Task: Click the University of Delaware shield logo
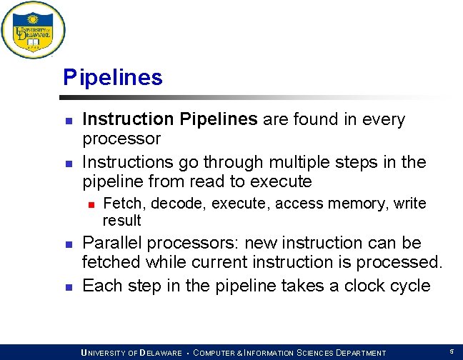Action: coord(33,30)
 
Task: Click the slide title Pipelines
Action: coord(113,78)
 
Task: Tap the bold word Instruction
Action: coord(128,119)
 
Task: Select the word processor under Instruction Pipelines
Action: coord(121,139)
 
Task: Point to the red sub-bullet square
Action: coord(91,204)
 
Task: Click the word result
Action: coord(122,221)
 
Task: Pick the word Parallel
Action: coord(112,243)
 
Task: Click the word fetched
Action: coord(111,261)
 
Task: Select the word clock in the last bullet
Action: coord(364,285)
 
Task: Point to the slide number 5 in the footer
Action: coord(452,351)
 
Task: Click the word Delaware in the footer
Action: coord(161,353)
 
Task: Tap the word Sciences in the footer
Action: coord(315,353)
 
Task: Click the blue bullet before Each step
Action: coord(69,287)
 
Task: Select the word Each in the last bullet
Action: coord(102,285)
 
